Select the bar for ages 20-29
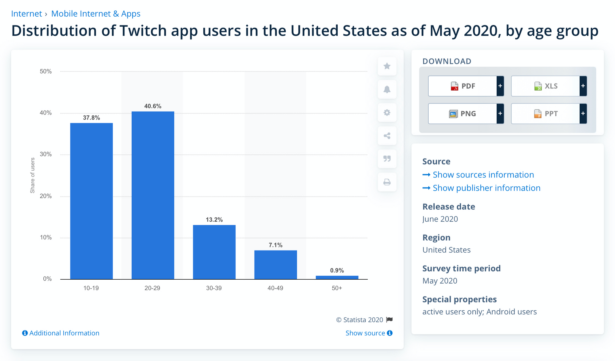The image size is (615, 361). pos(153,195)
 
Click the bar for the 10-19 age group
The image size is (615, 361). pos(91,201)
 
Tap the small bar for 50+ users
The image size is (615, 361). pos(337,278)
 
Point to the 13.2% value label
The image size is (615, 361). pos(214,220)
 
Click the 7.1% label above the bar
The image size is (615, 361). pos(276,245)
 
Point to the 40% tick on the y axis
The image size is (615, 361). pos(46,113)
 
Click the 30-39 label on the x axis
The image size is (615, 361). pos(214,288)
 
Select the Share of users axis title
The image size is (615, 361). pos(33,175)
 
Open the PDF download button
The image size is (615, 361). pos(462,86)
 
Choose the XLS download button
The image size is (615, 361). pos(546,86)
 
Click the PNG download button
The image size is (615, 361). pos(462,114)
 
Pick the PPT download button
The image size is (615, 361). pos(546,114)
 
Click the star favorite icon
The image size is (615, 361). pos(387,66)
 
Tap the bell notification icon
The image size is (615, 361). pos(387,89)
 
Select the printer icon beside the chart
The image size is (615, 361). pos(387,182)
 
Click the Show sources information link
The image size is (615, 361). pos(483,175)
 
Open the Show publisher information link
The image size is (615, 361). pos(486,188)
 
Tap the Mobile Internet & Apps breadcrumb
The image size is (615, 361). pos(96,14)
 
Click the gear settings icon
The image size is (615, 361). pos(387,113)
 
